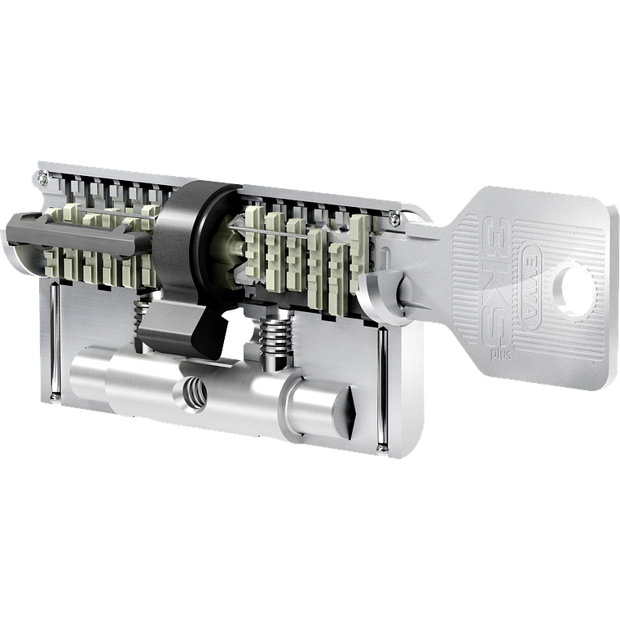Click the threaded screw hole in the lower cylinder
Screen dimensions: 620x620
(196, 393)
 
